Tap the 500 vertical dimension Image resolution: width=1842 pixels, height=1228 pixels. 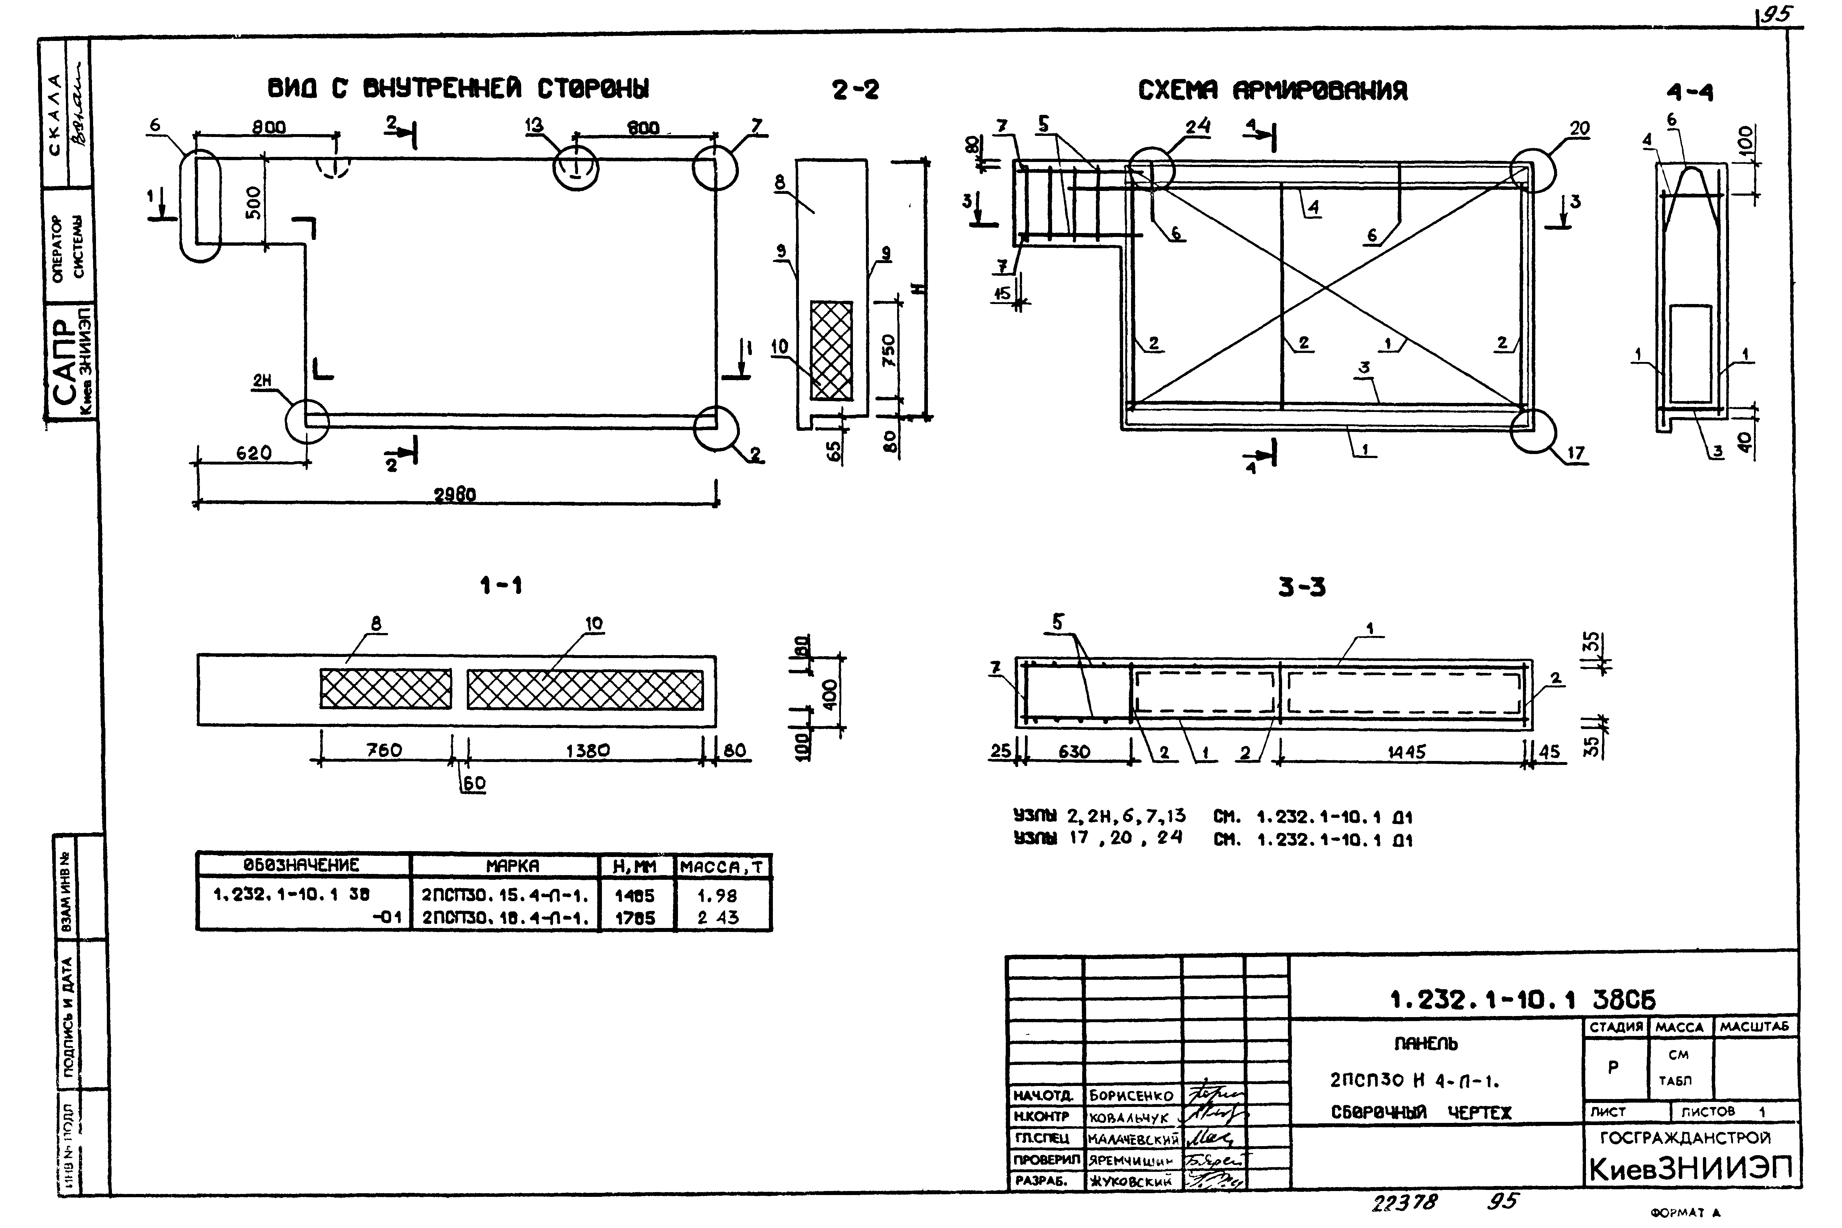(253, 203)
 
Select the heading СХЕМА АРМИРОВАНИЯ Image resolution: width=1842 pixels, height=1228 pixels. (1272, 91)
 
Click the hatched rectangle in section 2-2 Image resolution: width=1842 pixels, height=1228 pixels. (832, 350)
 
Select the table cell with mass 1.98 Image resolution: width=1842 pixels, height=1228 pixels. (717, 895)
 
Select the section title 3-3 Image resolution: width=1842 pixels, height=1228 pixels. (1301, 587)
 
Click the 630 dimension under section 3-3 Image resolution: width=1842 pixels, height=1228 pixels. (1074, 752)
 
